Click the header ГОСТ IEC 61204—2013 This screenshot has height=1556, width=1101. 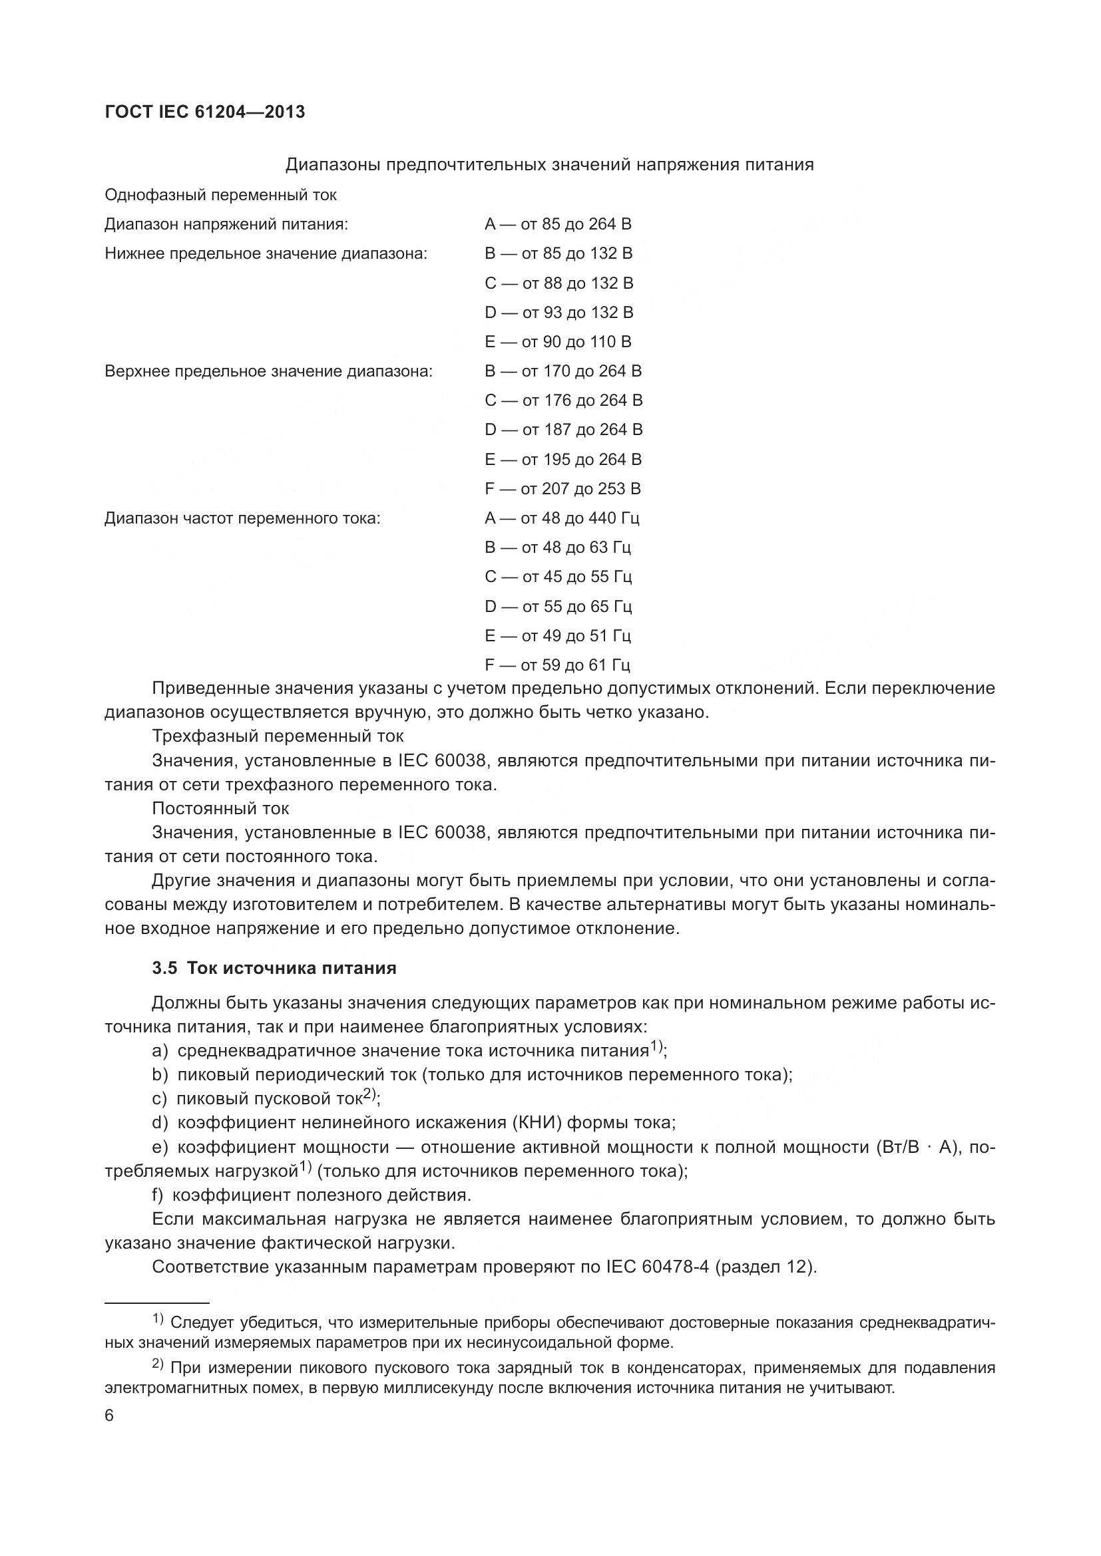pos(205,112)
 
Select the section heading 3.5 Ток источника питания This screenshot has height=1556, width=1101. pos(274,969)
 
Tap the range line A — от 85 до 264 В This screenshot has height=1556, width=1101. pos(558,224)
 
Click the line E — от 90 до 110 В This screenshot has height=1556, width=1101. pos(558,341)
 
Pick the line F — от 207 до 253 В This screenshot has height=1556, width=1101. pos(562,489)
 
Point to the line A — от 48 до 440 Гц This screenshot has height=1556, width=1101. pos(562,518)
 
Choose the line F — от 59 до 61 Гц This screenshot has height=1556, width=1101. pos(557,665)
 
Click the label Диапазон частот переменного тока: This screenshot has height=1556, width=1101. pos(242,518)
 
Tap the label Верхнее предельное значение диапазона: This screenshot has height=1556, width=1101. pos(268,371)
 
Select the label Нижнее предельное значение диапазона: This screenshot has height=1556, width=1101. pos(266,253)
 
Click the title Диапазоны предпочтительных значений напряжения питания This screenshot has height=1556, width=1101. pos(549,165)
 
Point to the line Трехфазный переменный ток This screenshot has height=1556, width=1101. pos(278,736)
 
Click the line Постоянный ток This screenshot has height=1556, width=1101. pos(220,808)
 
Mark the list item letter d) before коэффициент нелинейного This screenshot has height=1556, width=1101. pos(159,1123)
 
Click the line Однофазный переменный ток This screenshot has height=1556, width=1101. pos(220,195)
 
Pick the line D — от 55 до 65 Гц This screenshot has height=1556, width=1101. pos(558,606)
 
